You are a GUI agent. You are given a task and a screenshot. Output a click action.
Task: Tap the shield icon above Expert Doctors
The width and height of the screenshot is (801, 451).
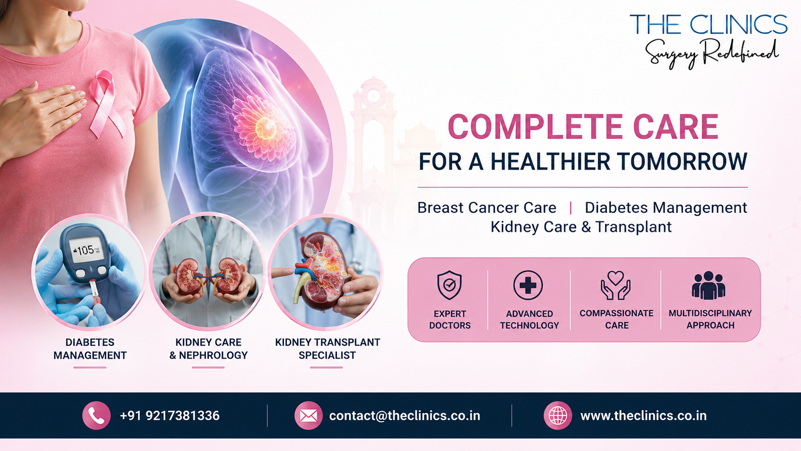pyautogui.click(x=449, y=285)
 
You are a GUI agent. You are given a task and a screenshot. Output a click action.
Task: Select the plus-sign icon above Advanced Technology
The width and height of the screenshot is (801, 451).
pyautogui.click(x=528, y=285)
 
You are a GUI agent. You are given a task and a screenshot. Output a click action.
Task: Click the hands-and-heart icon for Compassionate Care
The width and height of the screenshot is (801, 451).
pyautogui.click(x=616, y=285)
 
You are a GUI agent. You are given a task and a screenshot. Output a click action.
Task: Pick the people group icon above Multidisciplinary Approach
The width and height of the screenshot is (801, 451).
pyautogui.click(x=709, y=285)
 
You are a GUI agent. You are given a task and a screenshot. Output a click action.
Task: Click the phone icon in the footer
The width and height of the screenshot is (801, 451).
pyautogui.click(x=96, y=415)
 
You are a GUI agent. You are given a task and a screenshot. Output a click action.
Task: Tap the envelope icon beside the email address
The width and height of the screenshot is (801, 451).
pyautogui.click(x=308, y=415)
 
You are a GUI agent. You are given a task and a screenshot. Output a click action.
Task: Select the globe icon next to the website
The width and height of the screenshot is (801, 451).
pyautogui.click(x=558, y=415)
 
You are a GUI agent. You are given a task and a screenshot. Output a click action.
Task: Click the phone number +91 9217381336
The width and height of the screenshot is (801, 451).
pyautogui.click(x=170, y=416)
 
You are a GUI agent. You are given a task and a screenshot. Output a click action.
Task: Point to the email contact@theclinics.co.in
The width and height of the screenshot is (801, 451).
pyautogui.click(x=404, y=416)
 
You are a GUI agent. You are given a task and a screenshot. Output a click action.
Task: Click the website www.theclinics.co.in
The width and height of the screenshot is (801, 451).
pyautogui.click(x=643, y=416)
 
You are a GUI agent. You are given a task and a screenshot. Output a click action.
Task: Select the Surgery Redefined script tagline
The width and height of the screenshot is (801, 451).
pyautogui.click(x=711, y=54)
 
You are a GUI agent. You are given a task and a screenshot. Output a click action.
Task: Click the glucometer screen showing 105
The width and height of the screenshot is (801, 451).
pyautogui.click(x=86, y=250)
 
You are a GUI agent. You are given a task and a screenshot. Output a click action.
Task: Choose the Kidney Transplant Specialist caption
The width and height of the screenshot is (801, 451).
pyautogui.click(x=327, y=349)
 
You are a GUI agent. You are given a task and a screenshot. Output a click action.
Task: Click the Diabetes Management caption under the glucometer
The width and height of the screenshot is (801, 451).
pyautogui.click(x=90, y=349)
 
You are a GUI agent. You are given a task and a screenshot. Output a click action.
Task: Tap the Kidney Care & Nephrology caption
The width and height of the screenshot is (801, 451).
pyautogui.click(x=208, y=349)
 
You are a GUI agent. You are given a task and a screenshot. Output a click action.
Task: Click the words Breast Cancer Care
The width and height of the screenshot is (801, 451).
pyautogui.click(x=487, y=208)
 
